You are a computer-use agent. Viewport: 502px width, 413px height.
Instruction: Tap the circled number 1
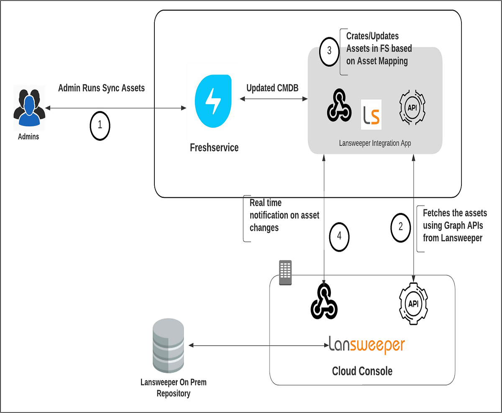100,125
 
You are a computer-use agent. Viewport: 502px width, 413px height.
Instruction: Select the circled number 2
401,227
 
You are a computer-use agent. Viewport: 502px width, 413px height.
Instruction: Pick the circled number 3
329,51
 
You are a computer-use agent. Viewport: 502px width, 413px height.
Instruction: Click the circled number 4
339,236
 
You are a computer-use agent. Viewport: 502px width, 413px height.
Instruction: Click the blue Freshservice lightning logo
213,100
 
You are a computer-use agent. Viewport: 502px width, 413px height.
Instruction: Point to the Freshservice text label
214,148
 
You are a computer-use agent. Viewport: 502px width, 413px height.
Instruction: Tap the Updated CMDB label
272,88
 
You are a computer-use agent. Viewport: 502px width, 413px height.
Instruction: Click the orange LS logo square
371,114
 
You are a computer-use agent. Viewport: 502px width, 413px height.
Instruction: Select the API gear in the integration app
412,107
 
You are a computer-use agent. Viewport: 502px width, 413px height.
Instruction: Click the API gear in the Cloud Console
413,304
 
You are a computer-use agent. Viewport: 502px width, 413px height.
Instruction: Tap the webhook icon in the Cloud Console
324,302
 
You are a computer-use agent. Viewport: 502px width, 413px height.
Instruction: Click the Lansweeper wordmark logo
367,345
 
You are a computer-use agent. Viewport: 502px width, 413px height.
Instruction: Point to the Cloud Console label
362,371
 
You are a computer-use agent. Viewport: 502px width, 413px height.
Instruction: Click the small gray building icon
285,272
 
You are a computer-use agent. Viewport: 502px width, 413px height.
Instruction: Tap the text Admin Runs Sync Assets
101,88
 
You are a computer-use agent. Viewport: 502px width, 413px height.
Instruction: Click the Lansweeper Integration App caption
375,143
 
